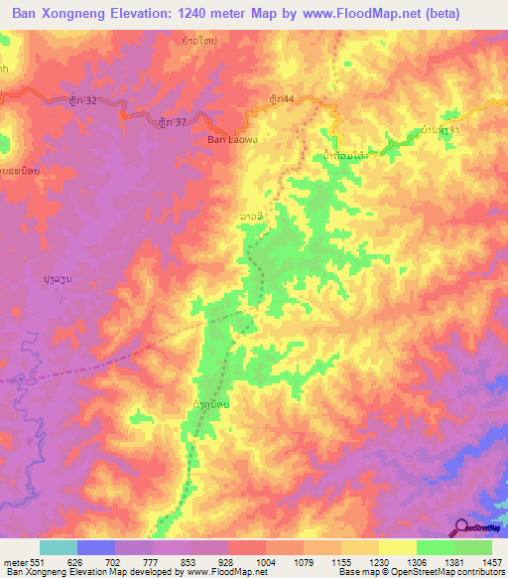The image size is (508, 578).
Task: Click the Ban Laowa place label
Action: tap(232, 140)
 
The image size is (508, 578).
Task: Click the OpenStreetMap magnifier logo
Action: tap(462, 526)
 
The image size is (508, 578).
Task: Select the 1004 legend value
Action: tap(266, 562)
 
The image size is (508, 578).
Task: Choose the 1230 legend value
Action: tap(378, 562)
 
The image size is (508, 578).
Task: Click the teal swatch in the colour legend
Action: tap(58, 547)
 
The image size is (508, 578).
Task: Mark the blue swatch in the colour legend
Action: tap(95, 547)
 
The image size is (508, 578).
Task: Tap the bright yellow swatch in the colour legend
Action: tap(397, 547)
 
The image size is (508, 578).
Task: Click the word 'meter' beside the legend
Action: tap(13, 562)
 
